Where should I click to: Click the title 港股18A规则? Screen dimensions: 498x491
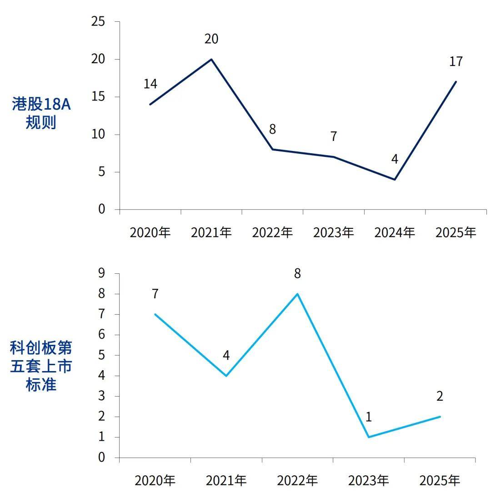(x=41, y=114)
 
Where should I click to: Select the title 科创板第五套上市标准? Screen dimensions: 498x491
(x=41, y=366)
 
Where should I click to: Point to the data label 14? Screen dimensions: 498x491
(x=150, y=84)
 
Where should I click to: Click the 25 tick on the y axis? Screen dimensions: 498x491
(x=98, y=21)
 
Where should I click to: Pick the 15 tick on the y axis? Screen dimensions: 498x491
(x=98, y=97)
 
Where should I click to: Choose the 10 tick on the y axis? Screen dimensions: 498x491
(x=98, y=135)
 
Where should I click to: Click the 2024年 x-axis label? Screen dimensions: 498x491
(x=395, y=233)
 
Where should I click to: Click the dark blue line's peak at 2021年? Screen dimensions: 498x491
(x=211, y=59)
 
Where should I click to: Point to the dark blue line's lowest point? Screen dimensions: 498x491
(x=395, y=179)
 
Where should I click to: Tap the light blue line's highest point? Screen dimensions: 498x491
(x=297, y=294)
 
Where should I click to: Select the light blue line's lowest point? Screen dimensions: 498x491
(x=368, y=437)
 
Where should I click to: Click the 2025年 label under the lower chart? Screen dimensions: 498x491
(x=440, y=481)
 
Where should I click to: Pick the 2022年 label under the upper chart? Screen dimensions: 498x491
(x=272, y=233)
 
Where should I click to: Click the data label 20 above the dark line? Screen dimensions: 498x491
(x=211, y=39)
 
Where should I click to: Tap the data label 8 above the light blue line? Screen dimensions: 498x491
(x=297, y=274)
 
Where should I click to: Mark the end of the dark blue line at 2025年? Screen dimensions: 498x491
(x=456, y=82)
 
